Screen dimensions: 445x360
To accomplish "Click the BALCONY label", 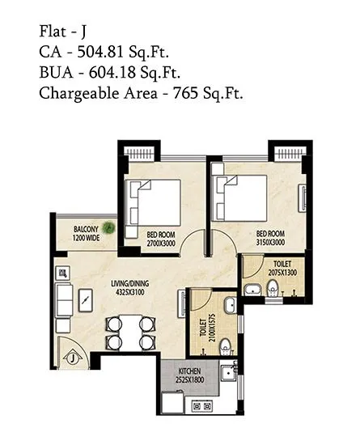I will click(87, 229).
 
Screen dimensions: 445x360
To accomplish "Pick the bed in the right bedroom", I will click(244, 197).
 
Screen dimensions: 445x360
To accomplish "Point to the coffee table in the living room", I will click(86, 302).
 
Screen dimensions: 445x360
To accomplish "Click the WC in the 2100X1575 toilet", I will click(227, 344).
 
